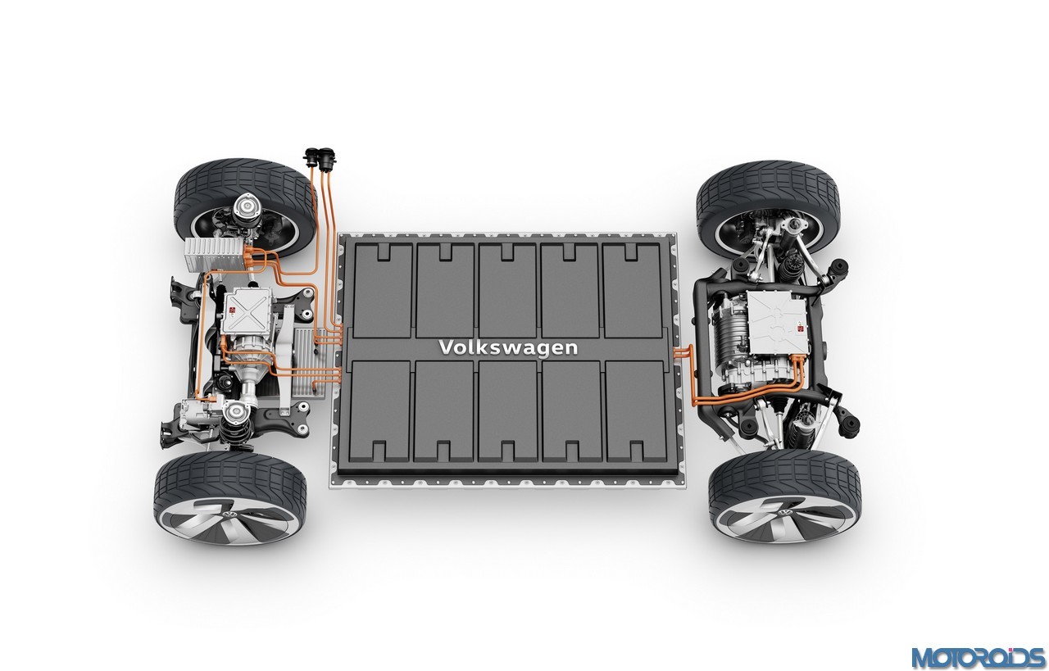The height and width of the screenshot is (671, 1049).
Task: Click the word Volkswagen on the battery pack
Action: pyautogui.click(x=507, y=348)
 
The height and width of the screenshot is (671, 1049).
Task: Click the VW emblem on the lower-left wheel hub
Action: pyautogui.click(x=230, y=515)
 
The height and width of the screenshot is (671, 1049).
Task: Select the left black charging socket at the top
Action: pyautogui.click(x=311, y=156)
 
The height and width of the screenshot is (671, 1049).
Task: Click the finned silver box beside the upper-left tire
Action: pyautogui.click(x=215, y=253)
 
